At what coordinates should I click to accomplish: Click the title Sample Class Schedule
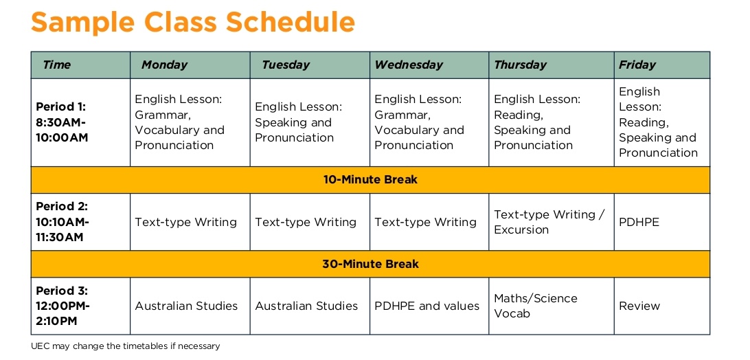pos(193,21)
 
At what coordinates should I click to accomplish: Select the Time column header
pos(56,65)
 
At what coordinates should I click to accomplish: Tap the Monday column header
pos(165,65)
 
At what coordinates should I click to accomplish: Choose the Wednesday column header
pos(409,65)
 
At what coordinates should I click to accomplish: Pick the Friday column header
pos(637,65)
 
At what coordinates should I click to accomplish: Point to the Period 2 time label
pos(62,222)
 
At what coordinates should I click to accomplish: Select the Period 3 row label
pos(63,306)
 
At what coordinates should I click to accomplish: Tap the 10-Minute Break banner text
pos(371,179)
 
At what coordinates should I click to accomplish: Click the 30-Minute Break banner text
pos(371,264)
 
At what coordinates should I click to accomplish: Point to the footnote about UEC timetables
pos(125,346)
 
